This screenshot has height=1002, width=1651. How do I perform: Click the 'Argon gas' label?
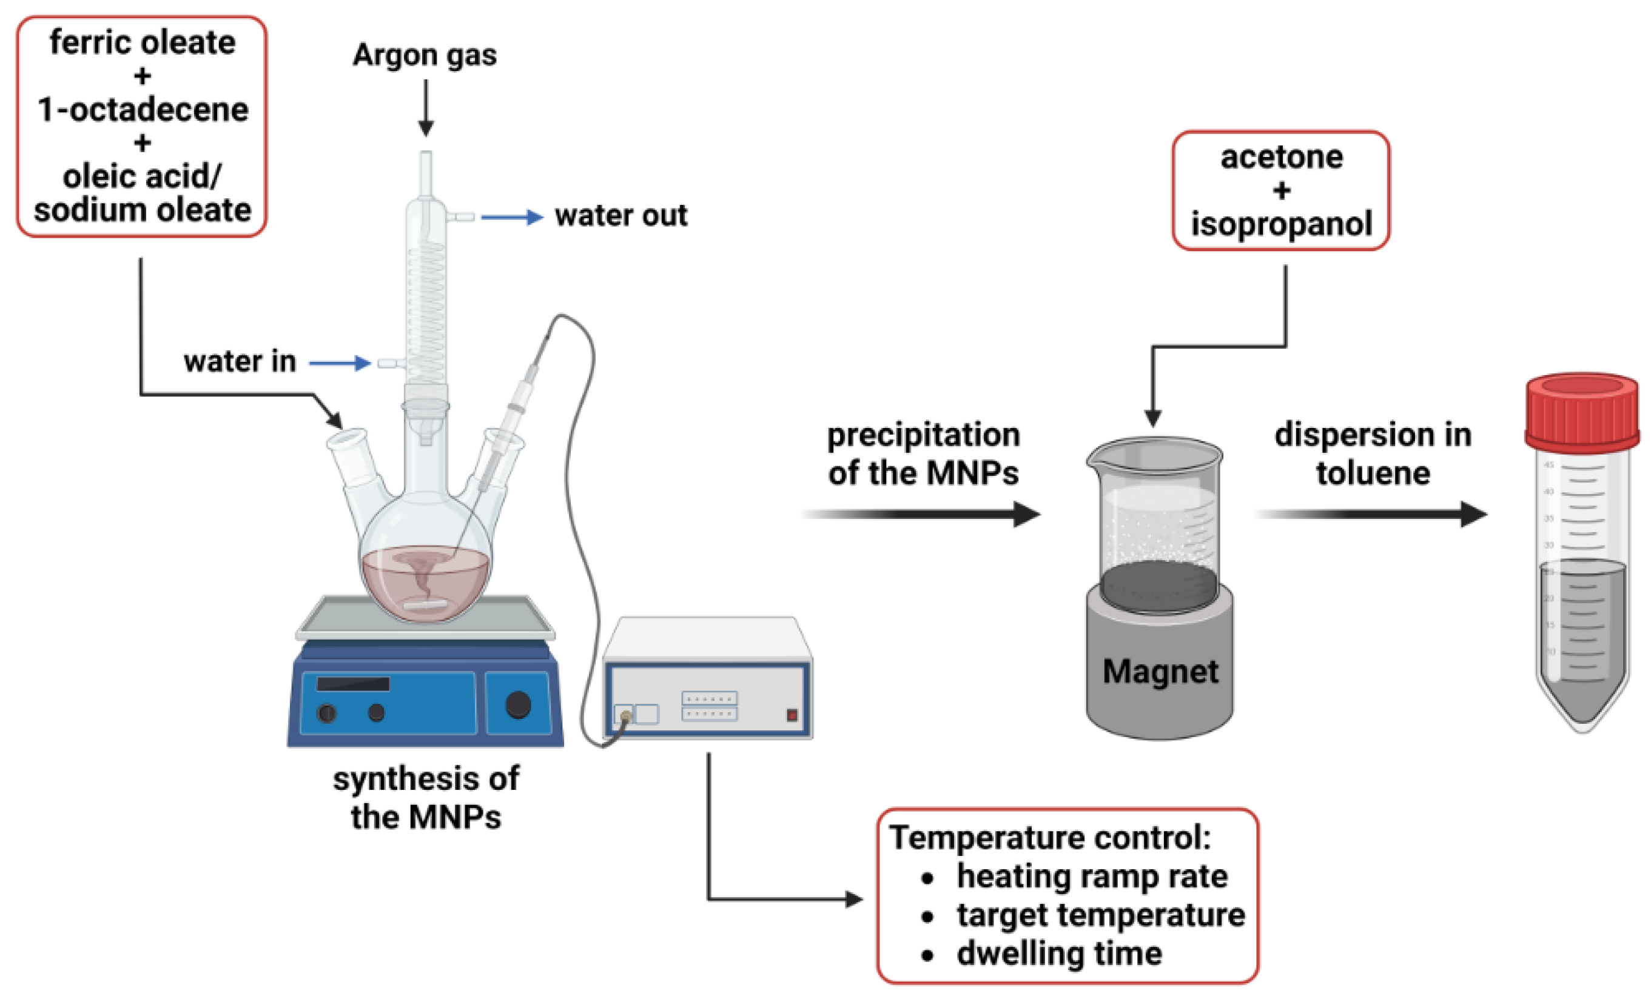[x=425, y=55]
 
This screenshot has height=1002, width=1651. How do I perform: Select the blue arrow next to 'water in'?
[x=339, y=363]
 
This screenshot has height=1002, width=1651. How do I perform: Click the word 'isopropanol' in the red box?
[x=1280, y=224]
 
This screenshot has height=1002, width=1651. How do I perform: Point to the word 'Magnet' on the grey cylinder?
[x=1160, y=671]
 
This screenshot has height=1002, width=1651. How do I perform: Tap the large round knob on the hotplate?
[x=518, y=704]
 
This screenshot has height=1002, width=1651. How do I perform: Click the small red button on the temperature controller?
[x=792, y=715]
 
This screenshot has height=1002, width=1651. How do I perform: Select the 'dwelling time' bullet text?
[x=1058, y=953]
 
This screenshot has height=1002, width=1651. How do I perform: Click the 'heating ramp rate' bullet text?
[x=1092, y=876]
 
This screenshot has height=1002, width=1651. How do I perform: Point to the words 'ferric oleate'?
[x=142, y=43]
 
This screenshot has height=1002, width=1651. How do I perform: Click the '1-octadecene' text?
[x=143, y=109]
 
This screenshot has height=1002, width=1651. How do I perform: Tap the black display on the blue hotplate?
[x=352, y=684]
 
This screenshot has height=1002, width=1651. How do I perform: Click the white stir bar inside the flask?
[x=425, y=606]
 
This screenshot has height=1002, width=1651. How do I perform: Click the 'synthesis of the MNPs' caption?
[x=425, y=798]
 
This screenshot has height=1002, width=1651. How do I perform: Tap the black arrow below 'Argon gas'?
[x=425, y=107]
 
